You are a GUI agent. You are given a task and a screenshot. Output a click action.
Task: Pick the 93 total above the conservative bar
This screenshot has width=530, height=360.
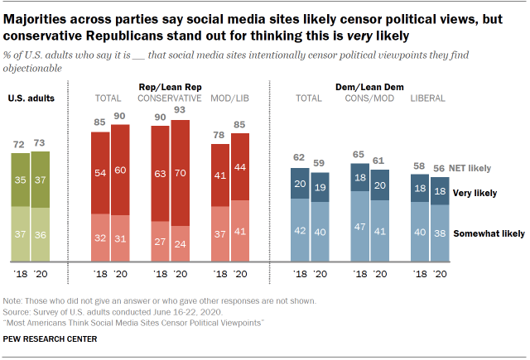point(180,111)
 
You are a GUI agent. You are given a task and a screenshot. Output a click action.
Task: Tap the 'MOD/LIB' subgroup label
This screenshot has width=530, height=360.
point(229,98)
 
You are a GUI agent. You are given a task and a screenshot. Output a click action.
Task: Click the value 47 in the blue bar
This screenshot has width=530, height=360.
point(359,224)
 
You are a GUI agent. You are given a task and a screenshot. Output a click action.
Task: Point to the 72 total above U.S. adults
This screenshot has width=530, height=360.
point(18,144)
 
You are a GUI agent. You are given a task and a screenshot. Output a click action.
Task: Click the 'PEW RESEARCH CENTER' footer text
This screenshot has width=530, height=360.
point(51,338)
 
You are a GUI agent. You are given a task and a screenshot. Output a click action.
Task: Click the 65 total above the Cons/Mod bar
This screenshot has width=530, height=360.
point(359,155)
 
